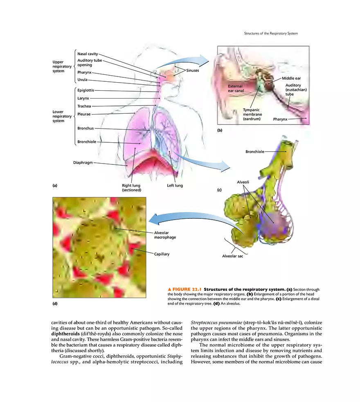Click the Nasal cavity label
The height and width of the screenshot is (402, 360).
(87, 54)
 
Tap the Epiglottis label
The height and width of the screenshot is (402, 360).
(85, 90)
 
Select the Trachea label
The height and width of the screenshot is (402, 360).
(84, 106)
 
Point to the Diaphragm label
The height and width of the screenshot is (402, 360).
(83, 162)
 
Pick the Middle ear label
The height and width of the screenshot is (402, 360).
(291, 78)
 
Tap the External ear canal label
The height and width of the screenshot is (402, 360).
(236, 88)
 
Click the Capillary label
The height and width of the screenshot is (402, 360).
(162, 254)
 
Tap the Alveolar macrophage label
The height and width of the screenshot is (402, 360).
(165, 235)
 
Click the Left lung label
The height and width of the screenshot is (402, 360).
(175, 186)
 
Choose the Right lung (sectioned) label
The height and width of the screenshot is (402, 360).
(131, 188)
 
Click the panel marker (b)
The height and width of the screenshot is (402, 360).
(219, 130)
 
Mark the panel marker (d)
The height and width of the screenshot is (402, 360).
(55, 303)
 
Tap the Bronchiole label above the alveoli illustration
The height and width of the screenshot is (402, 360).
(254, 152)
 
